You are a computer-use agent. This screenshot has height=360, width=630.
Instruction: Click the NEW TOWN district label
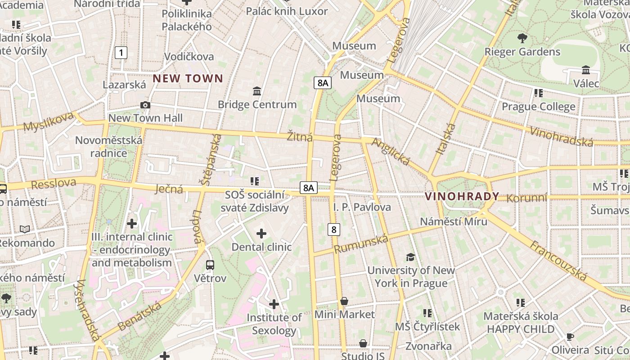pos(188,79)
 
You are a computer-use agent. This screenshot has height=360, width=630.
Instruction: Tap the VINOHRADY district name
pos(462,197)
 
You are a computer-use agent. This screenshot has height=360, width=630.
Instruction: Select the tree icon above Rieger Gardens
pos(522,38)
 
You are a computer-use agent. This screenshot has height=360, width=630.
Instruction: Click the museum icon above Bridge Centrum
pos(257,91)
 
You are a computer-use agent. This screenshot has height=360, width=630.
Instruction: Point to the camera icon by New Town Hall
pos(145,105)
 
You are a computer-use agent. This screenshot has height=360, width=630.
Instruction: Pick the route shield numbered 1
pos(121,53)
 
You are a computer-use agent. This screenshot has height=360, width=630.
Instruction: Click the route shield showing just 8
pos(333,229)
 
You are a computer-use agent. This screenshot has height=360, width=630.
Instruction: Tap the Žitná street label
pos(300,136)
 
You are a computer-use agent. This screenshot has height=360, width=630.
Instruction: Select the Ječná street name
pos(169,189)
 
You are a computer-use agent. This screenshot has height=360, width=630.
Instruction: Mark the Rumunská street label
pos(361,244)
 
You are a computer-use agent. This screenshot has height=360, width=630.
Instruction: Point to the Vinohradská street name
pos(562,137)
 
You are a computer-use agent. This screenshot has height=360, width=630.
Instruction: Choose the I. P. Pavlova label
pos(362,207)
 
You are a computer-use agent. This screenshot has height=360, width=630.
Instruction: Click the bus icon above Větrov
pos(210,265)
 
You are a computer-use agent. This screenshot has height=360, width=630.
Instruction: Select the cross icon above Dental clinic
pos(261,234)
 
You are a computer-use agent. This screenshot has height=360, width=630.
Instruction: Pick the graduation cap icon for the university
pos(410,257)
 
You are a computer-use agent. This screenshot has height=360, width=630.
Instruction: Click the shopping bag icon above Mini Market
pos(344,301)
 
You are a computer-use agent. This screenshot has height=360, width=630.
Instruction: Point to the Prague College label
pos(538,107)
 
